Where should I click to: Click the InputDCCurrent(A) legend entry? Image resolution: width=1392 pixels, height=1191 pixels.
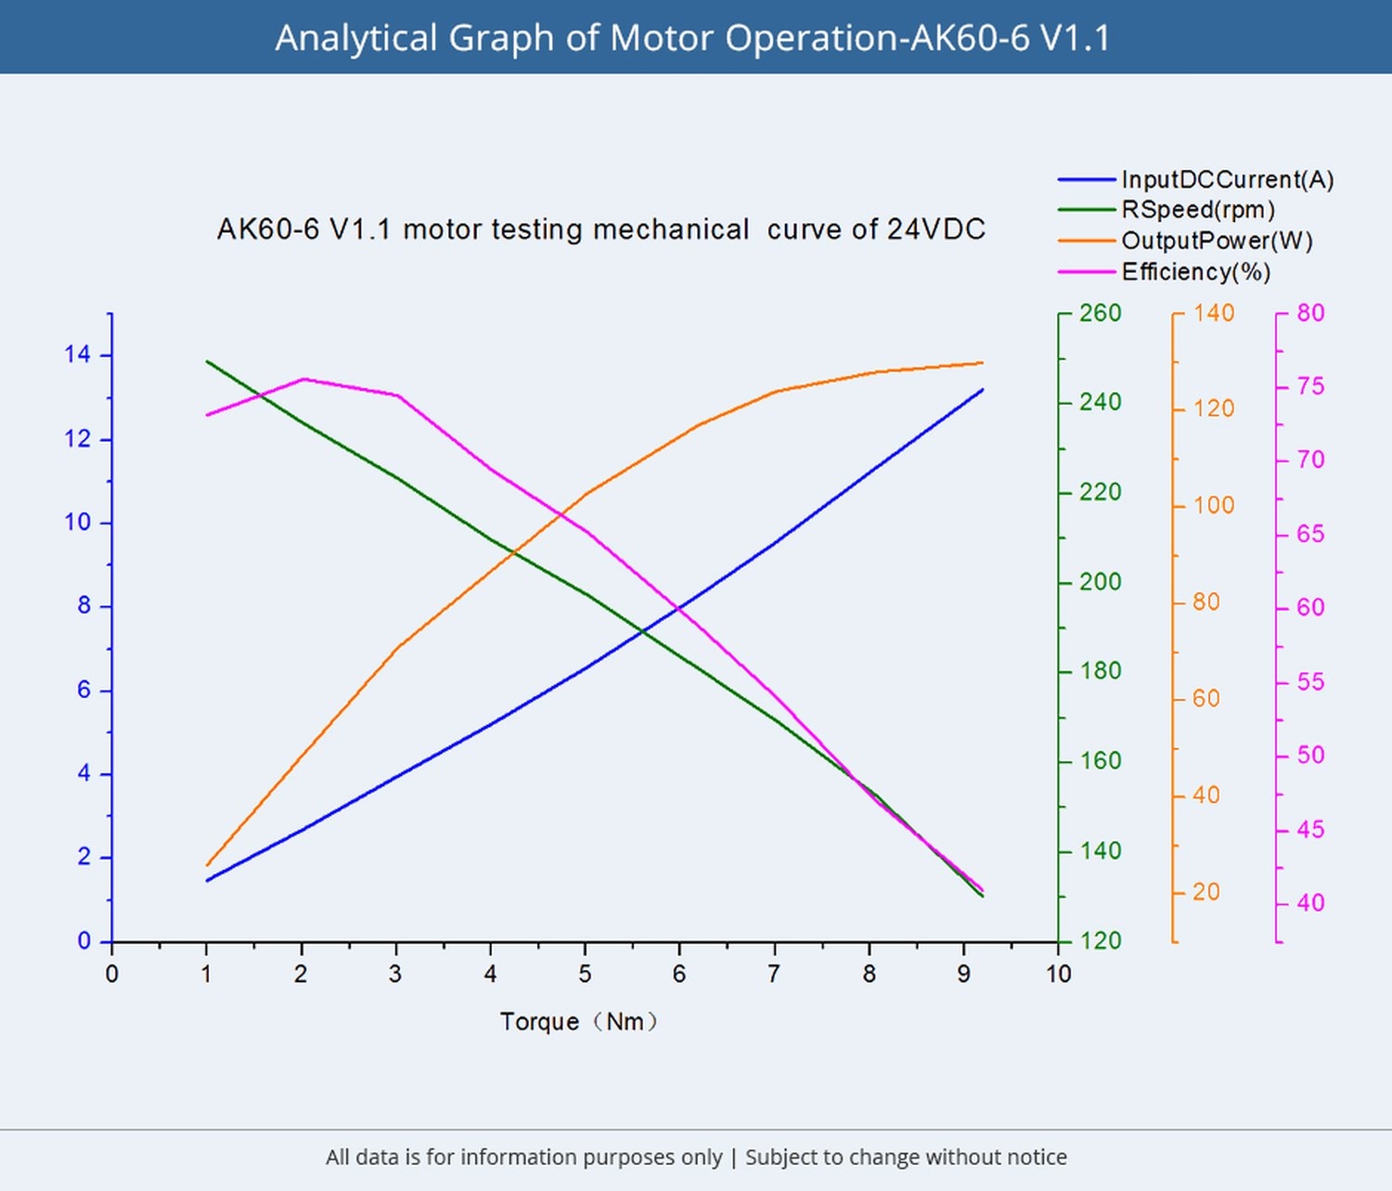1227,179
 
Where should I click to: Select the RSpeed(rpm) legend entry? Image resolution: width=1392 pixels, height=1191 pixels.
1198,210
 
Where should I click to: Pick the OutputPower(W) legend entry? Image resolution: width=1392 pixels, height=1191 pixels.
1217,240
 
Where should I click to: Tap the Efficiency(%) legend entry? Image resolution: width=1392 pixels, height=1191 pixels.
1195,272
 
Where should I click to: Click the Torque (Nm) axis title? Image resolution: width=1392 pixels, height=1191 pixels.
579,1022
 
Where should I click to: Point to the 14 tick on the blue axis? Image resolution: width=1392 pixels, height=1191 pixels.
78,355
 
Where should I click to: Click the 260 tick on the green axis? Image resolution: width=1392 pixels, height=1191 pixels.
1101,313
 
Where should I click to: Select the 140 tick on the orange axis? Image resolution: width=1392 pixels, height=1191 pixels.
1214,313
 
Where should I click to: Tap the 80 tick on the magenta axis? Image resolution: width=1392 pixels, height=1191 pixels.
1310,313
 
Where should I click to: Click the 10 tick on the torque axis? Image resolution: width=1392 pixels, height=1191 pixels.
1059,974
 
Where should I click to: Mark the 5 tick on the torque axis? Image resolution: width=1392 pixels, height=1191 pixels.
585,974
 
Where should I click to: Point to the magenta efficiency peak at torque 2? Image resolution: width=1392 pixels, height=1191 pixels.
303,379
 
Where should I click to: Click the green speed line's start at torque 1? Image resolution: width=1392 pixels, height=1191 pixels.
207,361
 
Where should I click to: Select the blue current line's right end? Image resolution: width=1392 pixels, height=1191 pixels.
982,390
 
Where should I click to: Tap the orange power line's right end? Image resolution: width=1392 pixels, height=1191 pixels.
982,363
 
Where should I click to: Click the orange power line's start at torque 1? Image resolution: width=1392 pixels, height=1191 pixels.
207,865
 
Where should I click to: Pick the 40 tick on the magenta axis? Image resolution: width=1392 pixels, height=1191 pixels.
1310,902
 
